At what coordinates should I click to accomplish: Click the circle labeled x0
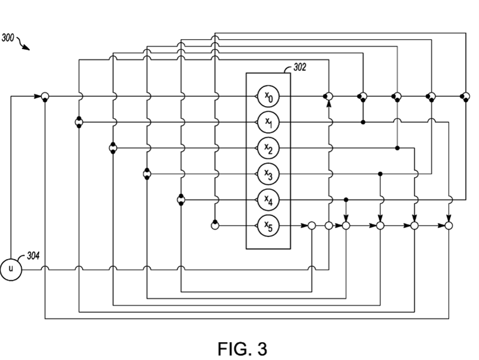(268, 97)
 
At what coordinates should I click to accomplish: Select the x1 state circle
(268, 122)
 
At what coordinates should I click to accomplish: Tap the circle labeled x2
(268, 148)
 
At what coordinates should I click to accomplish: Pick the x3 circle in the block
(268, 174)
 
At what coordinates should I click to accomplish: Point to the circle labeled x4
(268, 200)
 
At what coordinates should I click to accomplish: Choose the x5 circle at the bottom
(268, 225)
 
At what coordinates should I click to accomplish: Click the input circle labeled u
(10, 269)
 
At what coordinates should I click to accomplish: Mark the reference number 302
(300, 67)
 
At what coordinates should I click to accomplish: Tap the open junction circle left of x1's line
(78, 122)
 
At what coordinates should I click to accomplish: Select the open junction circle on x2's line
(112, 148)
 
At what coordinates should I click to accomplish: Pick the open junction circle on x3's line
(146, 174)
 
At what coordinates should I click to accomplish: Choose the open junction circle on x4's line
(180, 200)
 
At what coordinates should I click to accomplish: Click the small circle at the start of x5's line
(214, 225)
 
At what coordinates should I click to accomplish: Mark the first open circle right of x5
(311, 225)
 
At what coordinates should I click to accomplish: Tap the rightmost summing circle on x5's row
(449, 225)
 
